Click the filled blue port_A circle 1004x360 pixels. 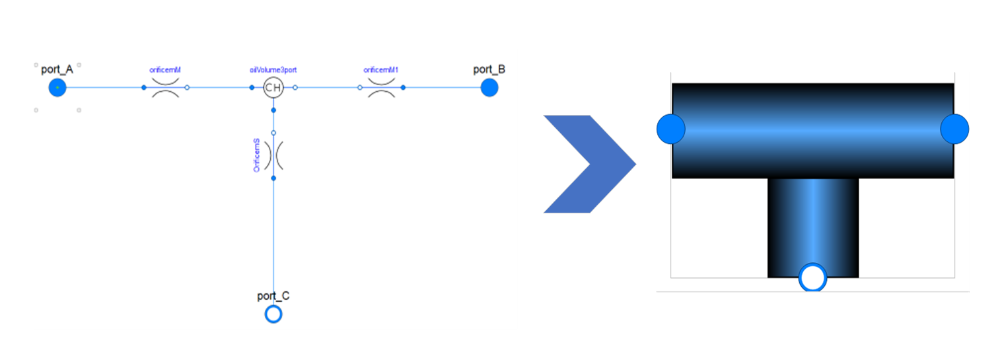pos(57,87)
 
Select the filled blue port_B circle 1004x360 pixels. pos(489,87)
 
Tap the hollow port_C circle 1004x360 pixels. pos(273,314)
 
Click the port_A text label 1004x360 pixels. pos(57,70)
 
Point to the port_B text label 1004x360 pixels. pos(489,70)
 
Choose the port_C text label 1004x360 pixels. pos(273,296)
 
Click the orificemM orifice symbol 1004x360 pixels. pos(165,87)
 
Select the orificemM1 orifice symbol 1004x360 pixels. pos(381,87)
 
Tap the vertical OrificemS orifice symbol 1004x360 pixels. pos(273,155)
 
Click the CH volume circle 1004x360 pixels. pos(273,87)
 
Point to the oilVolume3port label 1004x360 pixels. pos(273,69)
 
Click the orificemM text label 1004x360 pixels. pos(165,69)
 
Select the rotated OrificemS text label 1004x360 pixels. pos(257,155)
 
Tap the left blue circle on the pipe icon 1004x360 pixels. pos(671,128)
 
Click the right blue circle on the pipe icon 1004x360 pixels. pos(954,128)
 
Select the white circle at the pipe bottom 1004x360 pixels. pos(812,278)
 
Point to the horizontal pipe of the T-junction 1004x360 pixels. pos(812,130)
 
